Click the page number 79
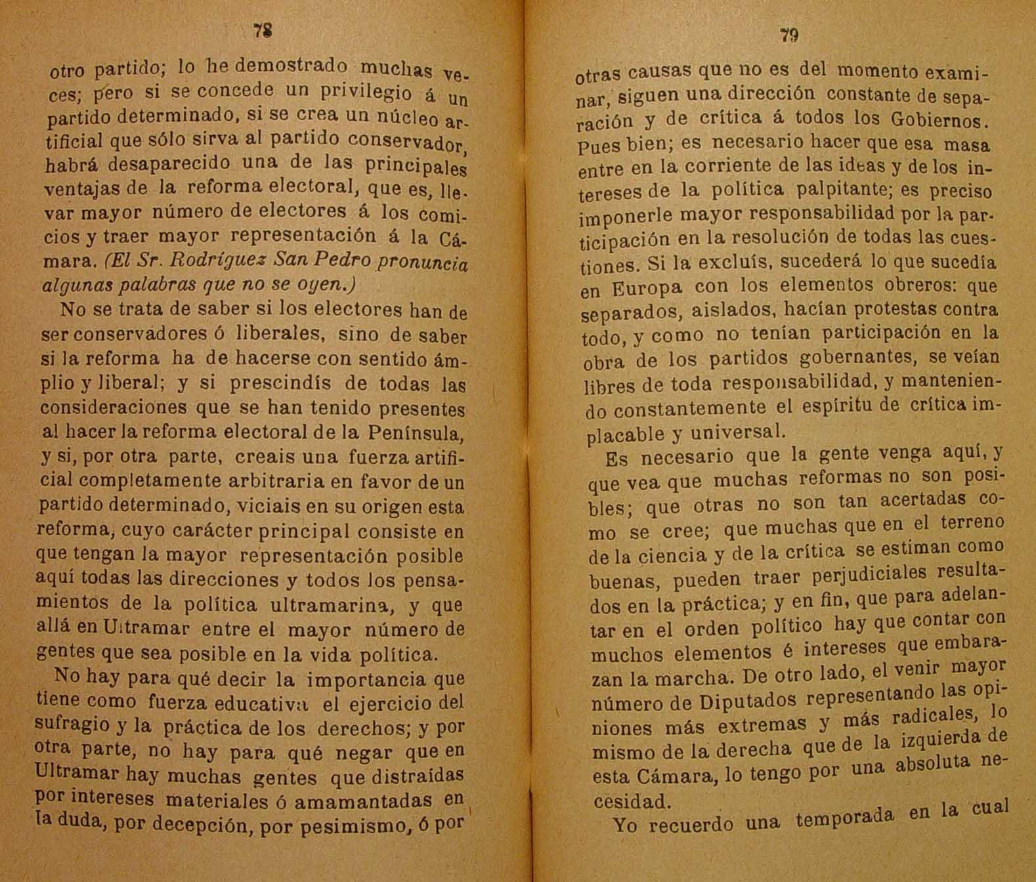tap(789, 35)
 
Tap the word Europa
tap(647, 287)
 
